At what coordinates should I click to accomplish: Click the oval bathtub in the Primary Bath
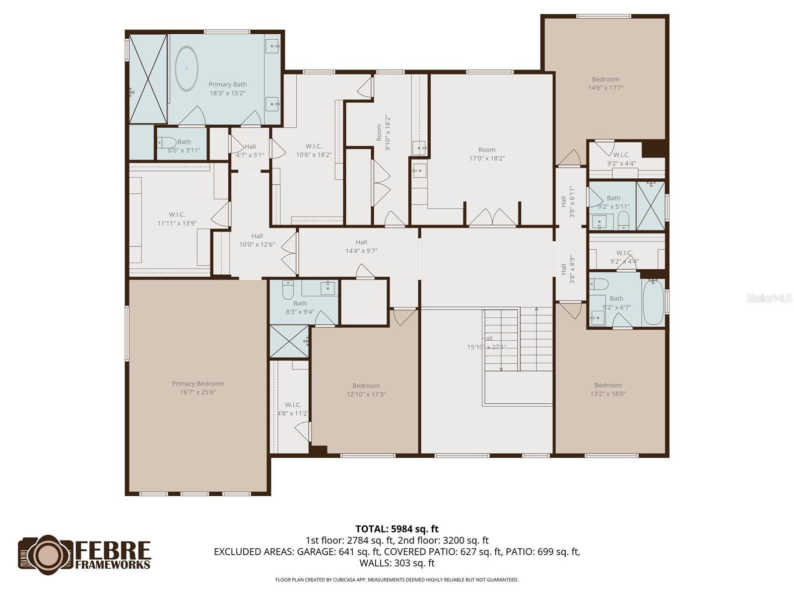pyautogui.click(x=187, y=69)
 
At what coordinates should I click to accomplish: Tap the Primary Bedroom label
pyautogui.click(x=198, y=383)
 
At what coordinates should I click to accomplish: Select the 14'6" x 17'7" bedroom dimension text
pyautogui.click(x=605, y=88)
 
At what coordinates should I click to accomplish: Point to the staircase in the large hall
pyautogui.click(x=519, y=339)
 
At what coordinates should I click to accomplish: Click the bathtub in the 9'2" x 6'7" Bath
pyautogui.click(x=653, y=301)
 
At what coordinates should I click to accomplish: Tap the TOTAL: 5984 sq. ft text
pyautogui.click(x=397, y=529)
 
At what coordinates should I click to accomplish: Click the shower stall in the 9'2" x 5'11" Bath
pyautogui.click(x=651, y=205)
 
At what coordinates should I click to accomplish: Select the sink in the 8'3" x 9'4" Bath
pyautogui.click(x=328, y=288)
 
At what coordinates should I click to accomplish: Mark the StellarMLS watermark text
pyautogui.click(x=769, y=298)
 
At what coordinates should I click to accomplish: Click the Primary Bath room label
pyautogui.click(x=227, y=84)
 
